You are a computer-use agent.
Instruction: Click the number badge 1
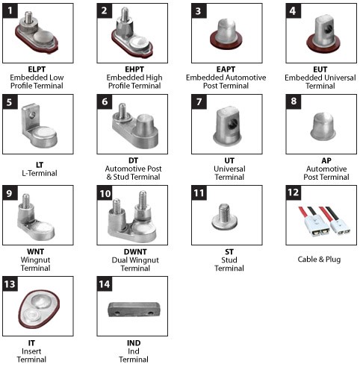tap(10, 10)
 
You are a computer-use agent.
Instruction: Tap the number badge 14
tap(105, 283)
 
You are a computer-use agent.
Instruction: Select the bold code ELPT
tap(37, 69)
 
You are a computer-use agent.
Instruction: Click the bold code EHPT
tap(134, 69)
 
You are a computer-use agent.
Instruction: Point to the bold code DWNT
tap(135, 251)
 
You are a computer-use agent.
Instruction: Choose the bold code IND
tap(134, 343)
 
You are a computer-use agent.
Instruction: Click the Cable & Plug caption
tap(319, 260)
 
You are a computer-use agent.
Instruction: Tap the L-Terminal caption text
tap(40, 173)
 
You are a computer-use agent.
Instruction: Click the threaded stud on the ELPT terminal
tap(28, 17)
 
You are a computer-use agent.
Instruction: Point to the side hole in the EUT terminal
tap(329, 28)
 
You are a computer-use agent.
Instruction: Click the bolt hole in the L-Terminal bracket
tap(32, 115)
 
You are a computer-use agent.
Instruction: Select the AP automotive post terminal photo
tap(323, 126)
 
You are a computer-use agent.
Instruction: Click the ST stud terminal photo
tap(224, 216)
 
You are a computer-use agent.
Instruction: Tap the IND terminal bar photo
tap(134, 309)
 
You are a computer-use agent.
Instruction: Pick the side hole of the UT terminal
tap(233, 123)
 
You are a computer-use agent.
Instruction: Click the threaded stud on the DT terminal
tap(122, 111)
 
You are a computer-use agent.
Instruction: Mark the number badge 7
tap(199, 101)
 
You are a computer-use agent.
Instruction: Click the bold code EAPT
tap(226, 69)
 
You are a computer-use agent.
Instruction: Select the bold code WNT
tap(36, 251)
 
